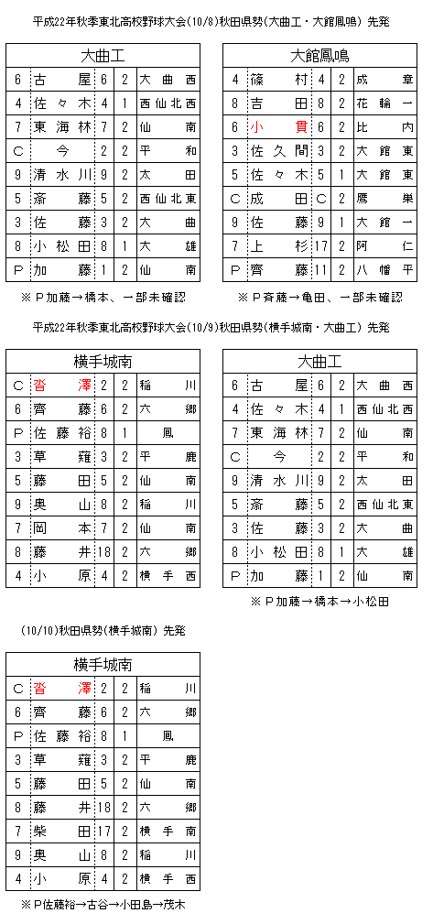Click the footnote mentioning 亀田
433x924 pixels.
320,297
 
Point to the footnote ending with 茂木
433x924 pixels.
103,904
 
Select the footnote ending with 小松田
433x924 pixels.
320,602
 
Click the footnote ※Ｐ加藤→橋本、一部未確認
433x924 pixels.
103,297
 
